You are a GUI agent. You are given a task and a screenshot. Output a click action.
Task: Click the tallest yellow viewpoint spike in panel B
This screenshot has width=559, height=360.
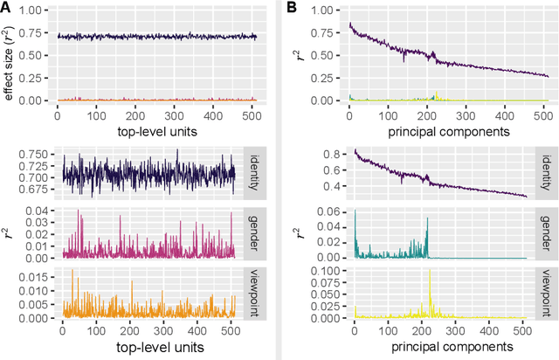point(431,273)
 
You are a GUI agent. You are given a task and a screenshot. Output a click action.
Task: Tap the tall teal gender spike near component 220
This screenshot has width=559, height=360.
point(427,219)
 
